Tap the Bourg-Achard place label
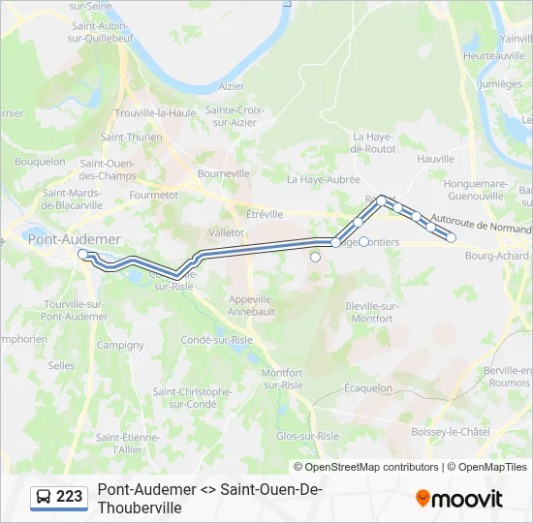tap(497, 256)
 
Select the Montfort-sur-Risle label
tap(283, 379)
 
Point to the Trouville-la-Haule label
tap(155, 112)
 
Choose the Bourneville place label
tap(223, 172)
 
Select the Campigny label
tap(120, 345)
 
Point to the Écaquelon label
tap(368, 387)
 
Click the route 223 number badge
tap(69, 497)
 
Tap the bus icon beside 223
tap(44, 498)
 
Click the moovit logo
tap(459, 498)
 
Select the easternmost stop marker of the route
tap(451, 237)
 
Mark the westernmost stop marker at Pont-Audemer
tap(82, 254)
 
